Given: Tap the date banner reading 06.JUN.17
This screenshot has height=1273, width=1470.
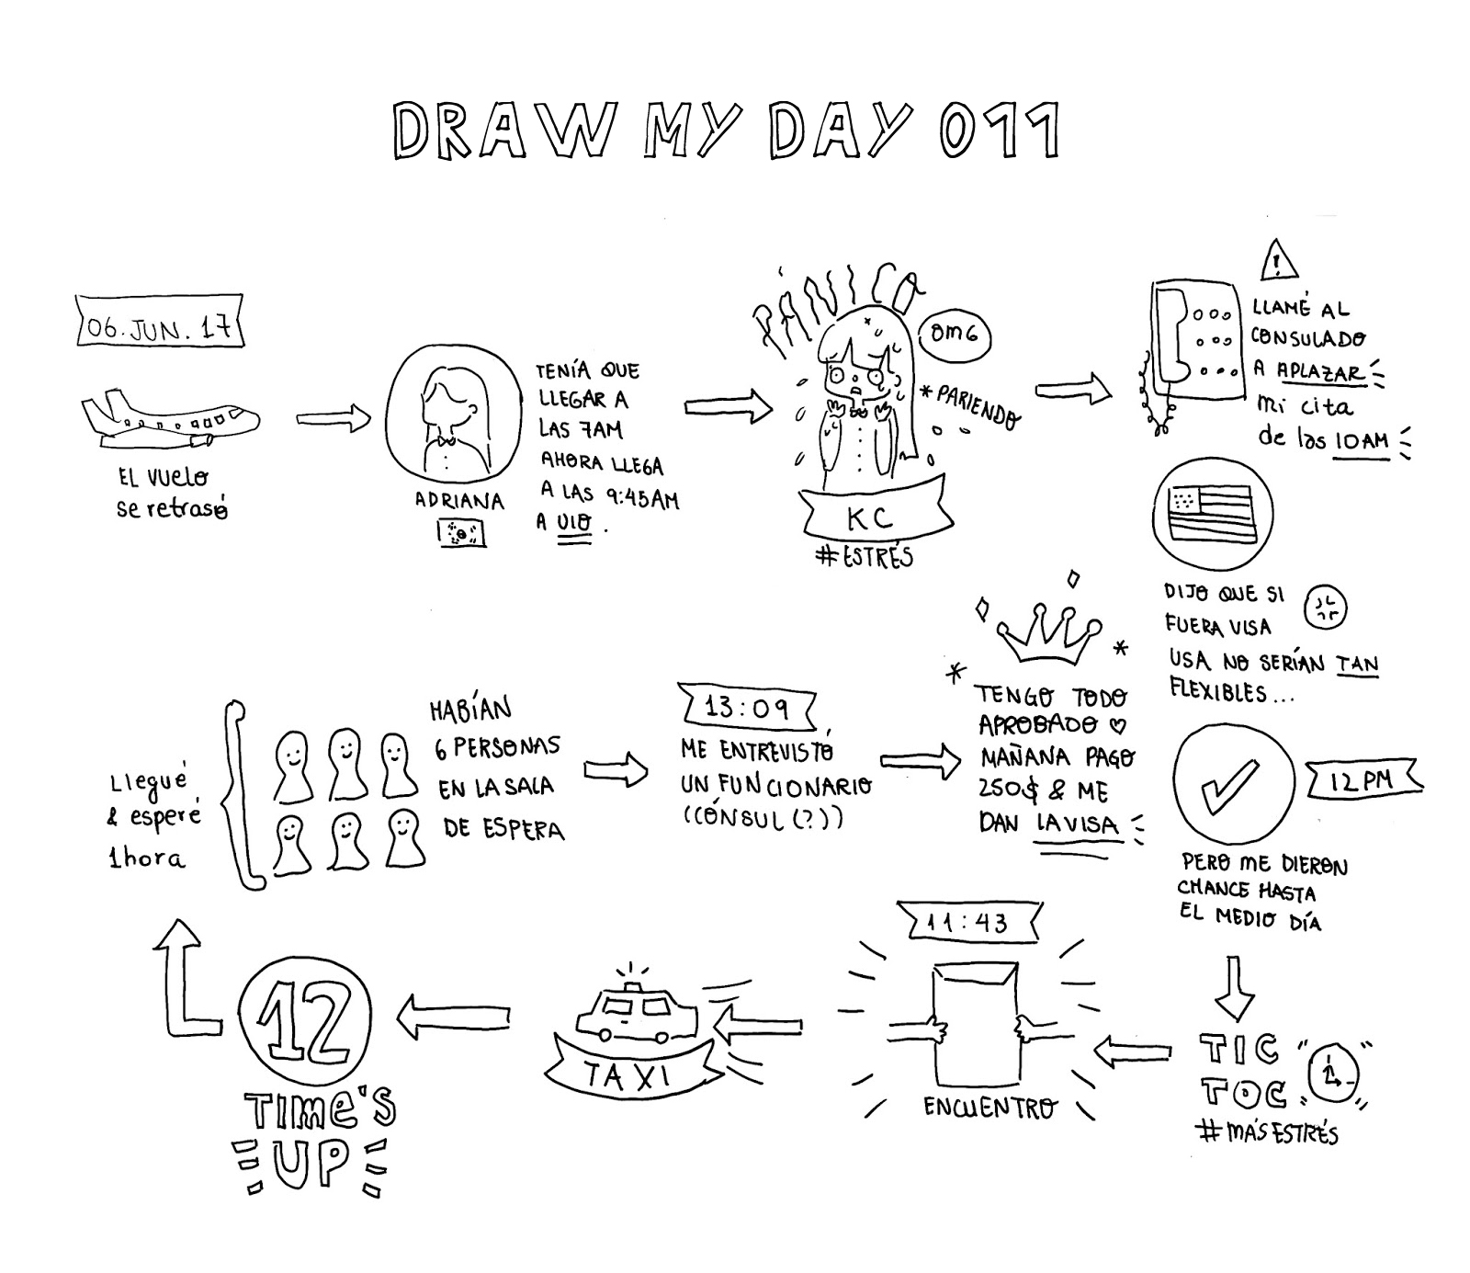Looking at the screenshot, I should (160, 323).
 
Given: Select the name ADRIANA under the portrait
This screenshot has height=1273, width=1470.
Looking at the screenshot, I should (459, 502).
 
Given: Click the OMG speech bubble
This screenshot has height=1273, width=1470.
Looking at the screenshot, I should (954, 334).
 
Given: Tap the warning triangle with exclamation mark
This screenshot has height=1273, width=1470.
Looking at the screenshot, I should (1278, 261).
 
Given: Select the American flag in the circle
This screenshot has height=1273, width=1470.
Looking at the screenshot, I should (1211, 512).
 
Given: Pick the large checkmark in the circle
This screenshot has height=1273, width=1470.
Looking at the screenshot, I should (1232, 782).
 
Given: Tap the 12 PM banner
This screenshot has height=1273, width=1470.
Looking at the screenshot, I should (1363, 780).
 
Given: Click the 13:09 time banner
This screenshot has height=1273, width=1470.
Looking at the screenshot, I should (747, 708).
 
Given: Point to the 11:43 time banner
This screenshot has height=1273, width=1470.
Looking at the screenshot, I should (967, 922).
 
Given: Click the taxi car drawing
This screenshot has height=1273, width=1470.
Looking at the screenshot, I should (636, 1017).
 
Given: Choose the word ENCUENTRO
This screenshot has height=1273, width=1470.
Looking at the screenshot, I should (989, 1107).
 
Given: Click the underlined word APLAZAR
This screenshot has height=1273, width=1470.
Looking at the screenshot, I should (1319, 372).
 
